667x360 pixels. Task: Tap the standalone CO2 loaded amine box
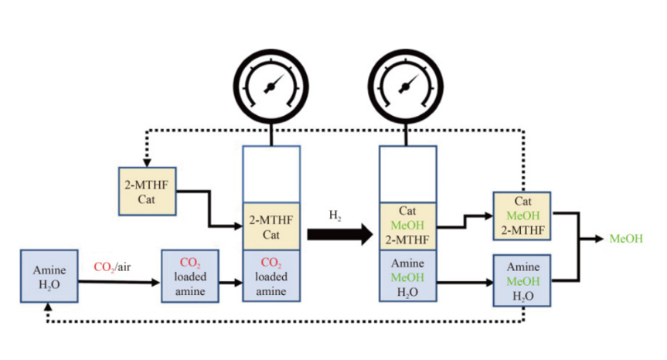189,277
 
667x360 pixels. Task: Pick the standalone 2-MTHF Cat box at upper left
147,192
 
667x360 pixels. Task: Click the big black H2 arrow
339,235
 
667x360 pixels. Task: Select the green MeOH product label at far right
626,239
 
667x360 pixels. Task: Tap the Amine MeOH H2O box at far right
522,281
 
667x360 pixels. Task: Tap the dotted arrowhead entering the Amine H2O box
48,306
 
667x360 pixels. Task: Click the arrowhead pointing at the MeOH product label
600,239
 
